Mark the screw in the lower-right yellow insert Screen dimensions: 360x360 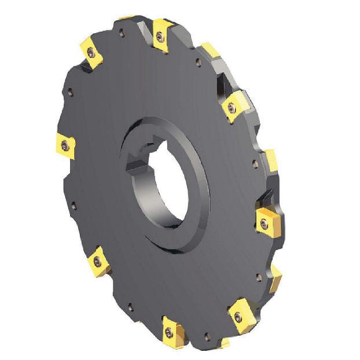[238, 316]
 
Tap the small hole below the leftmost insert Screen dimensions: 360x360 [72, 204]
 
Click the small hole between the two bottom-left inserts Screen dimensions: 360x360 [130, 307]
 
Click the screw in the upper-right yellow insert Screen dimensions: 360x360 [232, 107]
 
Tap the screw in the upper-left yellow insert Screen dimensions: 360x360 [91, 53]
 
